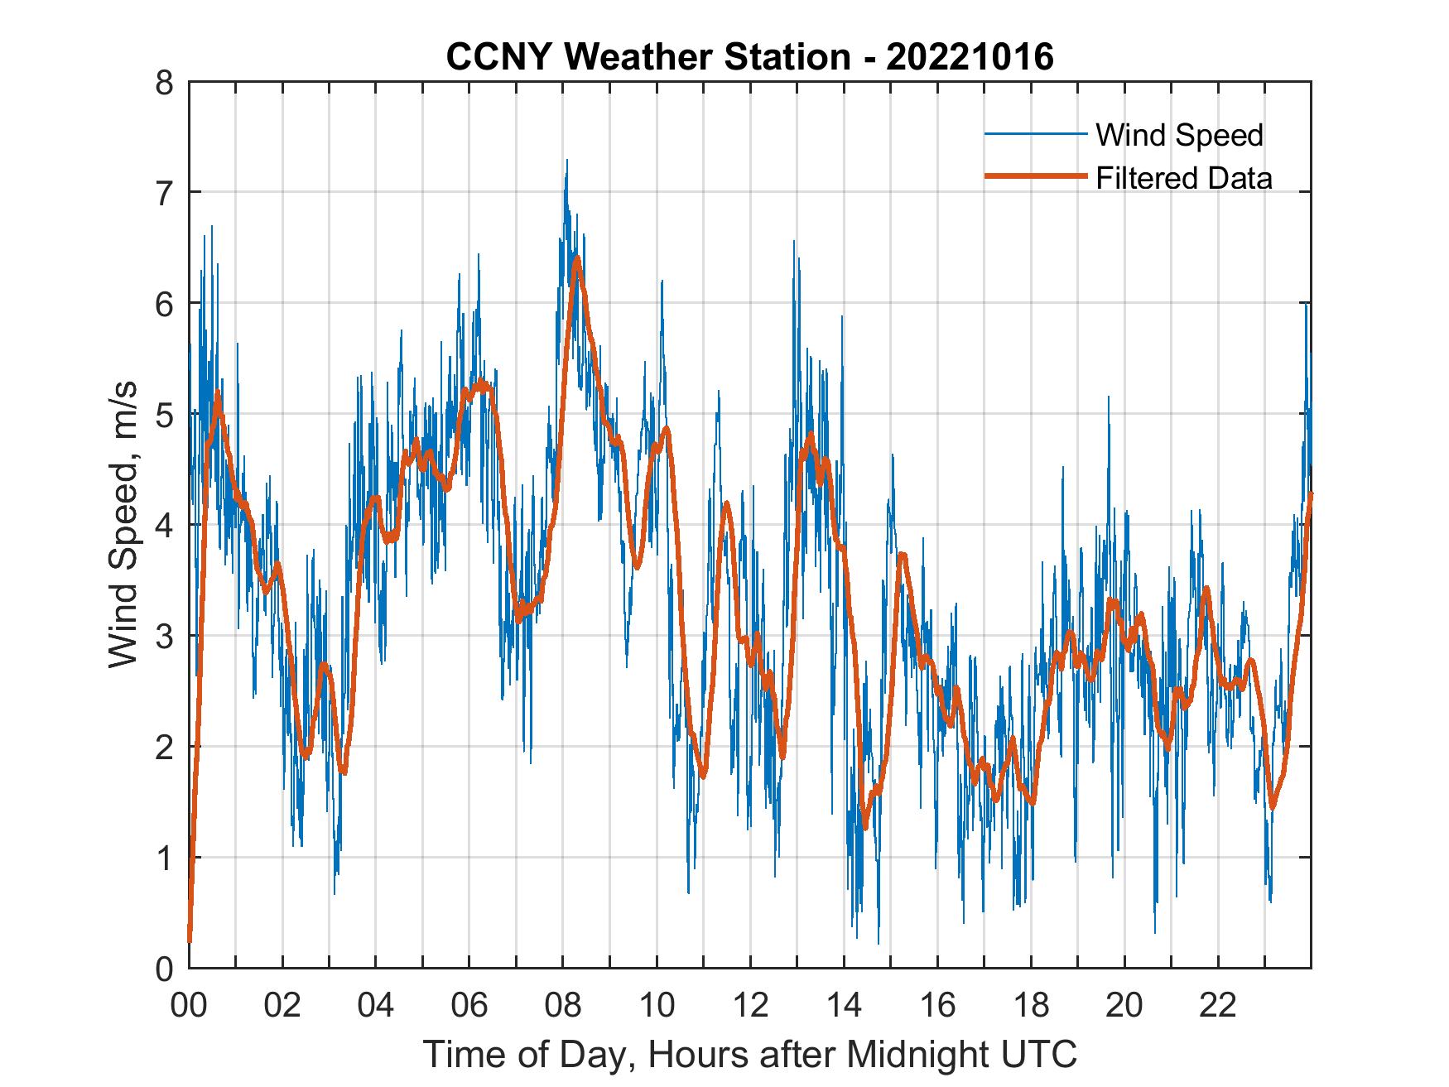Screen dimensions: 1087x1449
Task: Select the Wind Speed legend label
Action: (1179, 135)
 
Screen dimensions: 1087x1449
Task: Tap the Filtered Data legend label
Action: (1183, 178)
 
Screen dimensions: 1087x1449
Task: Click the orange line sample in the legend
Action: (1035, 176)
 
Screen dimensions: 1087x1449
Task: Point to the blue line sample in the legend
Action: (1035, 134)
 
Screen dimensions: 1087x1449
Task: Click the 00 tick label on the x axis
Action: (190, 1007)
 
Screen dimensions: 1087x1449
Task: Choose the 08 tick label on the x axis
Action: (564, 1007)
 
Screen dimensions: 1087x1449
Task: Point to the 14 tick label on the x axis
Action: (844, 1007)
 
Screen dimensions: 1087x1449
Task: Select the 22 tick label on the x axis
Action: (1218, 1007)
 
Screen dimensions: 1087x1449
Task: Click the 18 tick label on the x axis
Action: (1031, 1007)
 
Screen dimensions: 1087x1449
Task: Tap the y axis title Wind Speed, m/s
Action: (123, 525)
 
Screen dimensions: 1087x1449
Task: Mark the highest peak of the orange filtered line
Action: (576, 258)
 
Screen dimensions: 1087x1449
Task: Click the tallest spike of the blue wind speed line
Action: (567, 161)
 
